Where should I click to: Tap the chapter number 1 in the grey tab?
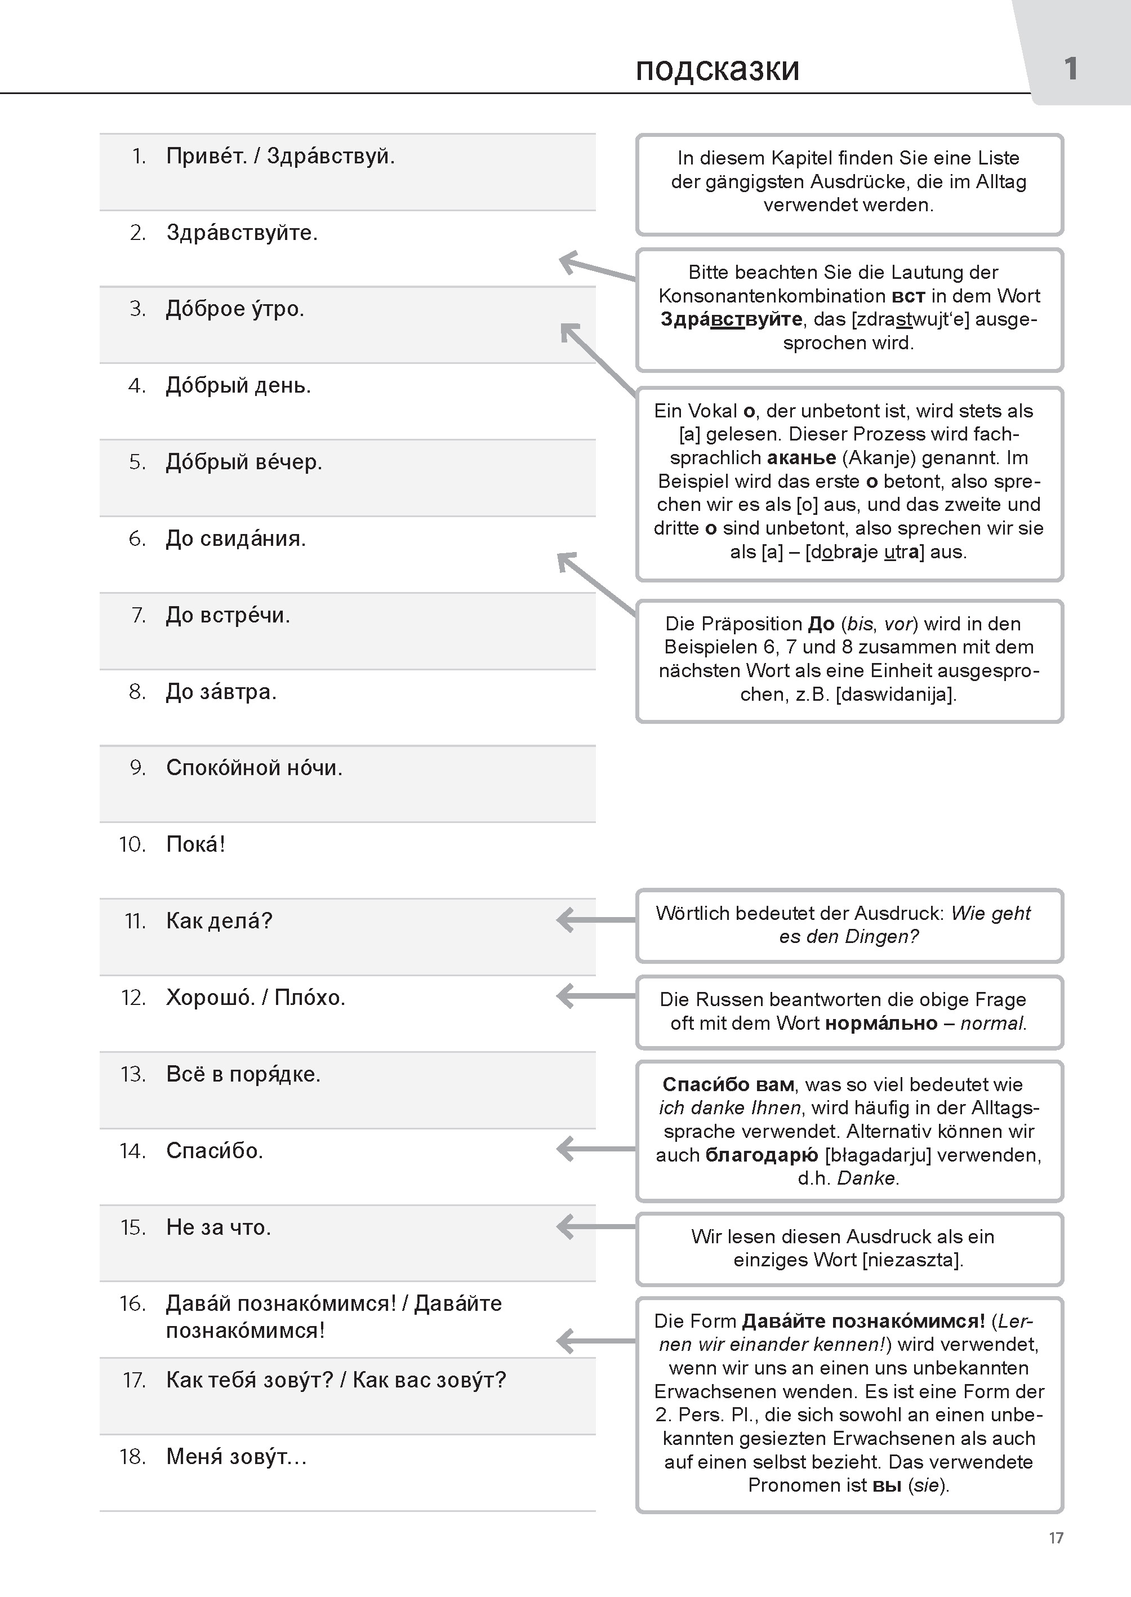point(1070,68)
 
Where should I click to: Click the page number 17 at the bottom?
point(1056,1538)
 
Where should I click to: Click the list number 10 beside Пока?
point(132,845)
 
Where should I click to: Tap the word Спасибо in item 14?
point(213,1150)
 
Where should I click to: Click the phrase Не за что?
point(218,1227)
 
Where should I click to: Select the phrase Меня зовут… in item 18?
point(236,1456)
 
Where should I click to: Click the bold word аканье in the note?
point(801,459)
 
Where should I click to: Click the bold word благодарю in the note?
point(761,1155)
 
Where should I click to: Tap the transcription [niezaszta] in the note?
point(912,1260)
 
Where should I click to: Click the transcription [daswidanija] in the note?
point(896,695)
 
